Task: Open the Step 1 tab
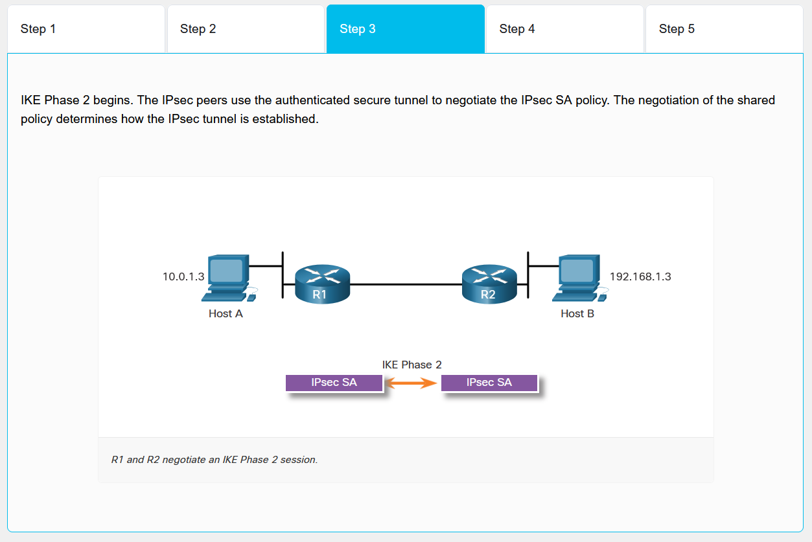(86, 29)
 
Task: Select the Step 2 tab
(246, 29)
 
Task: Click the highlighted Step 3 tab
(406, 29)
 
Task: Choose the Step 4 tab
(564, 29)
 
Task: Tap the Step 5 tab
(724, 29)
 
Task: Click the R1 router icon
(322, 283)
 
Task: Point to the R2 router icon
(489, 283)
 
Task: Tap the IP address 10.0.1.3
(183, 277)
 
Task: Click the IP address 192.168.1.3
(640, 277)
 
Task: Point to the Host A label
(226, 313)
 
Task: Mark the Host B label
(577, 313)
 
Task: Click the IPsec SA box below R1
(334, 383)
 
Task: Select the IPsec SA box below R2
(489, 383)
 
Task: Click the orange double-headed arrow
(412, 383)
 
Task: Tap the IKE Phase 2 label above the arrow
(412, 365)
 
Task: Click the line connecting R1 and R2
(406, 284)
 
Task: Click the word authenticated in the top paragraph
(312, 100)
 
